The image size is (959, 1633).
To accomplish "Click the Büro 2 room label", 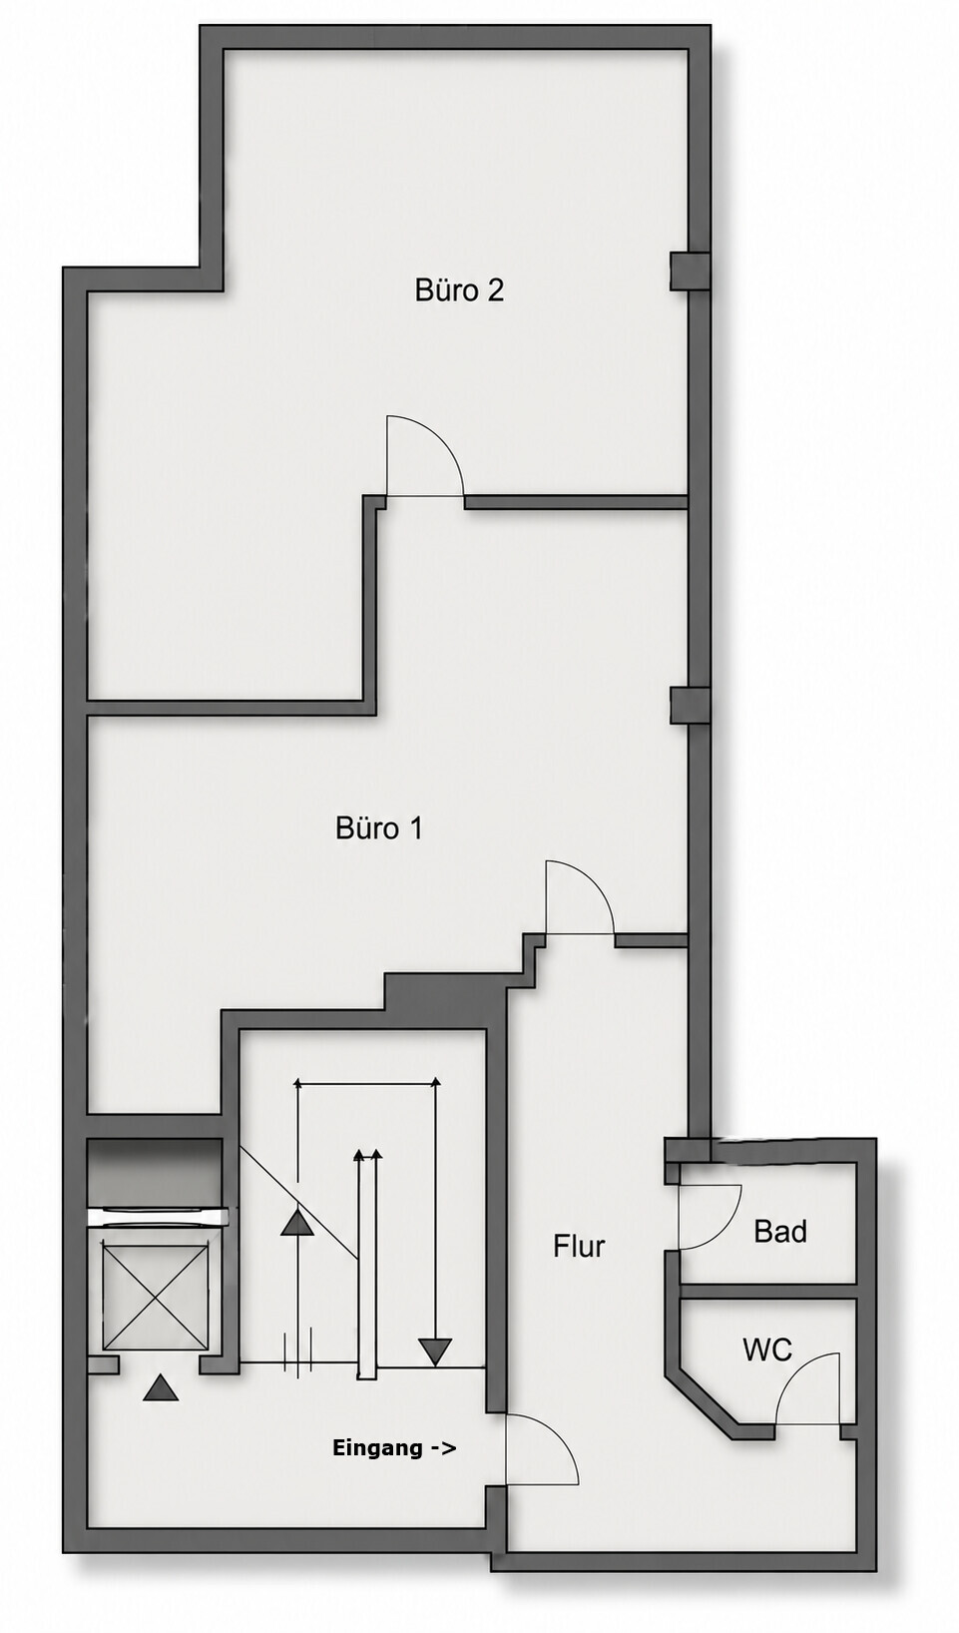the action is (x=459, y=290).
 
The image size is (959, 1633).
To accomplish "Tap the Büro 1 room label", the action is (x=379, y=828).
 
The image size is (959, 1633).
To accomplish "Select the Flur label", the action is (x=579, y=1246).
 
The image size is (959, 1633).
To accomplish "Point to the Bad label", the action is (x=780, y=1232).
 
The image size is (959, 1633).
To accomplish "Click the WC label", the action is (x=767, y=1351).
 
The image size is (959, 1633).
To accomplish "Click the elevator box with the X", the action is (x=155, y=1298).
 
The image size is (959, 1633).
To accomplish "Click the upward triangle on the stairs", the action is (x=297, y=1223).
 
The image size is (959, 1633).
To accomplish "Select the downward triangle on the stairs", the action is (x=436, y=1352).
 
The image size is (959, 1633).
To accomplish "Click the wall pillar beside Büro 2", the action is (x=690, y=272).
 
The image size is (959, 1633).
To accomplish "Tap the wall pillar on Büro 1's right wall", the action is (x=690, y=706).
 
